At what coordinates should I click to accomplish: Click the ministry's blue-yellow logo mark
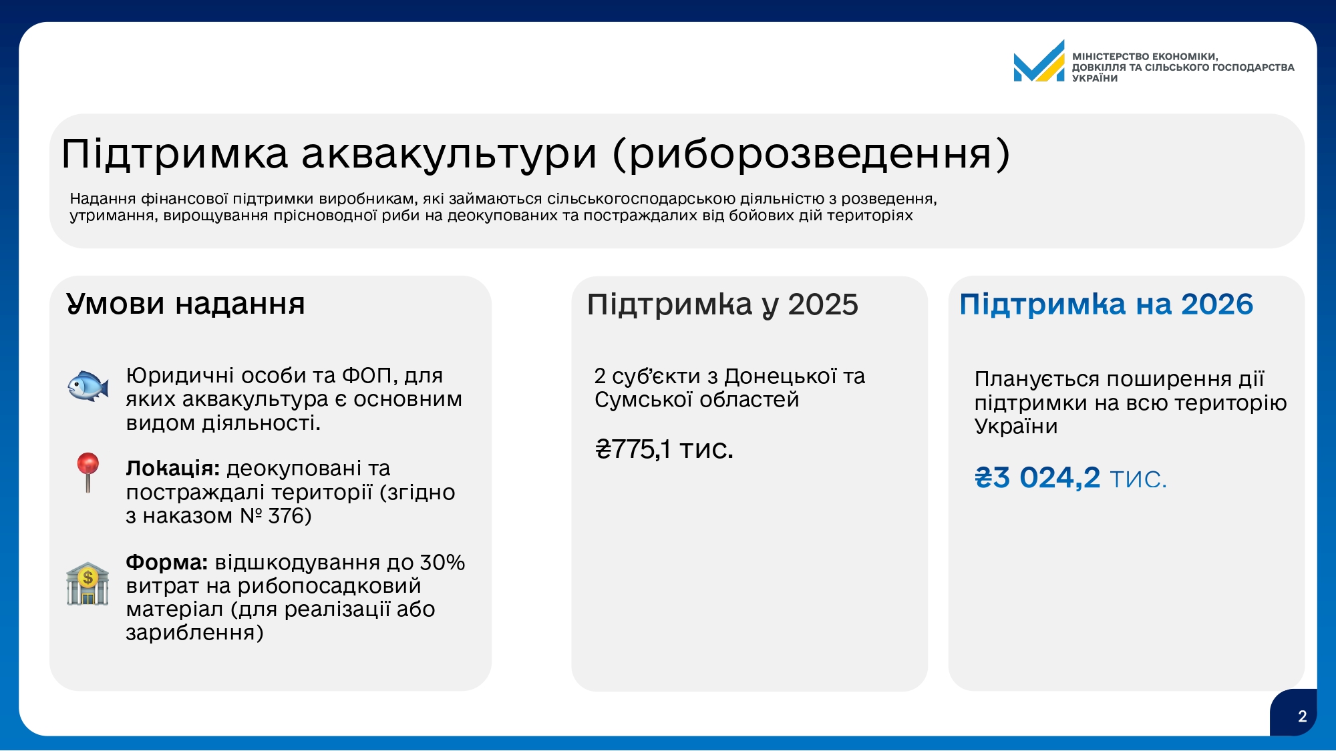(x=1039, y=61)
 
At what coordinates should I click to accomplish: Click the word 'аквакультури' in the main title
(x=449, y=154)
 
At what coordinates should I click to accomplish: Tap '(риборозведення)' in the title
(x=812, y=155)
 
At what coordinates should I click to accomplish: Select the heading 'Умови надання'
(x=185, y=304)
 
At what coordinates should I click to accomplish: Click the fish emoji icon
(x=88, y=386)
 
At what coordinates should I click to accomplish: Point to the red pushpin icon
(x=88, y=473)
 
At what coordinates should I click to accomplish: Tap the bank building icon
(x=88, y=584)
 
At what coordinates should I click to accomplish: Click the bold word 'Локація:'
(x=173, y=469)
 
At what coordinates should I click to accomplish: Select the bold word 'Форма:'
(x=167, y=563)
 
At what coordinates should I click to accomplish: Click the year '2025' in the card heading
(x=823, y=305)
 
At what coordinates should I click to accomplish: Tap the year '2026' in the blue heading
(x=1217, y=304)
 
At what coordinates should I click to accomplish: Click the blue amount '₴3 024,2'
(x=1037, y=478)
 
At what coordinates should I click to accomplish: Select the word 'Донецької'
(x=780, y=377)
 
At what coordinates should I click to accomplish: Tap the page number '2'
(x=1302, y=717)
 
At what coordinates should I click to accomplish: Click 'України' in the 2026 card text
(x=1016, y=427)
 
